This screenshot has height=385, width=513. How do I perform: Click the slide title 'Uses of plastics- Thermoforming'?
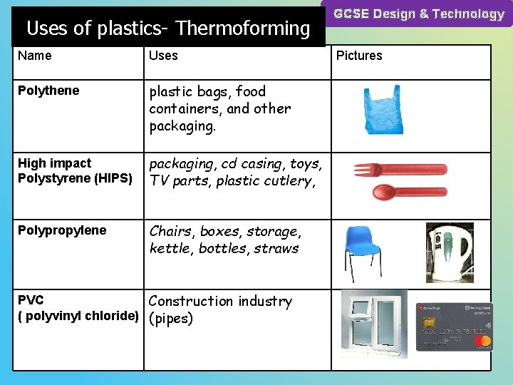[x=168, y=29]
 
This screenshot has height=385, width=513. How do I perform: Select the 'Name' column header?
[x=35, y=56]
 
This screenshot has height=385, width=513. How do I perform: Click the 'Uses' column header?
[x=163, y=56]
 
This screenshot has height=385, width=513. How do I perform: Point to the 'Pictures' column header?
[x=359, y=56]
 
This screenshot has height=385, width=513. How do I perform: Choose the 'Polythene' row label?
[x=48, y=91]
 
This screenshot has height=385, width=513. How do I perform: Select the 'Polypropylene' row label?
[x=62, y=230]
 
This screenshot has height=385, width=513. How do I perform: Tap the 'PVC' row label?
[x=31, y=300]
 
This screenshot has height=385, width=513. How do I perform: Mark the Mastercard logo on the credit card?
[x=484, y=343]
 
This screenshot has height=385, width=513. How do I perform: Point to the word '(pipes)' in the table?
[x=171, y=319]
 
